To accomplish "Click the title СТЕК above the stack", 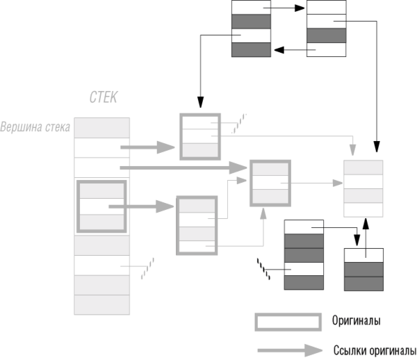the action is (103, 97).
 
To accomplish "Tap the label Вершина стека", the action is (35, 127).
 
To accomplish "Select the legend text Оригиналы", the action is (356, 320).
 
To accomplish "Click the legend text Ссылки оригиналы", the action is (375, 351).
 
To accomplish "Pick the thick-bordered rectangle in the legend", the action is (288, 315).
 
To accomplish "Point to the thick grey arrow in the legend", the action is (290, 351).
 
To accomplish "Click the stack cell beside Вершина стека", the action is (102, 128).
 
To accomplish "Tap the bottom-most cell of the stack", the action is (102, 305).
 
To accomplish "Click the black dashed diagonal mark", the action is (263, 269).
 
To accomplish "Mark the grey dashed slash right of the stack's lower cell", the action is (147, 268).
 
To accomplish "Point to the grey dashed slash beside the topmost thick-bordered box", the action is (239, 124).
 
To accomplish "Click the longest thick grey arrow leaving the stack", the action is (183, 167).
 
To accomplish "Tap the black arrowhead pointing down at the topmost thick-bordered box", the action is (201, 102).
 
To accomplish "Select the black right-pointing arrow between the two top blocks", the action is (284, 8).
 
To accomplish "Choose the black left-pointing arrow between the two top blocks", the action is (295, 50).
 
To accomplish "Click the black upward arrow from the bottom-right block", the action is (366, 238).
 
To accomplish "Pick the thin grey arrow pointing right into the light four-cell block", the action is (311, 183).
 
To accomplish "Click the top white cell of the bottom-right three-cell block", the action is (363, 256).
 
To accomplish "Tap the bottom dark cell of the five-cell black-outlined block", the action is (304, 283).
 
